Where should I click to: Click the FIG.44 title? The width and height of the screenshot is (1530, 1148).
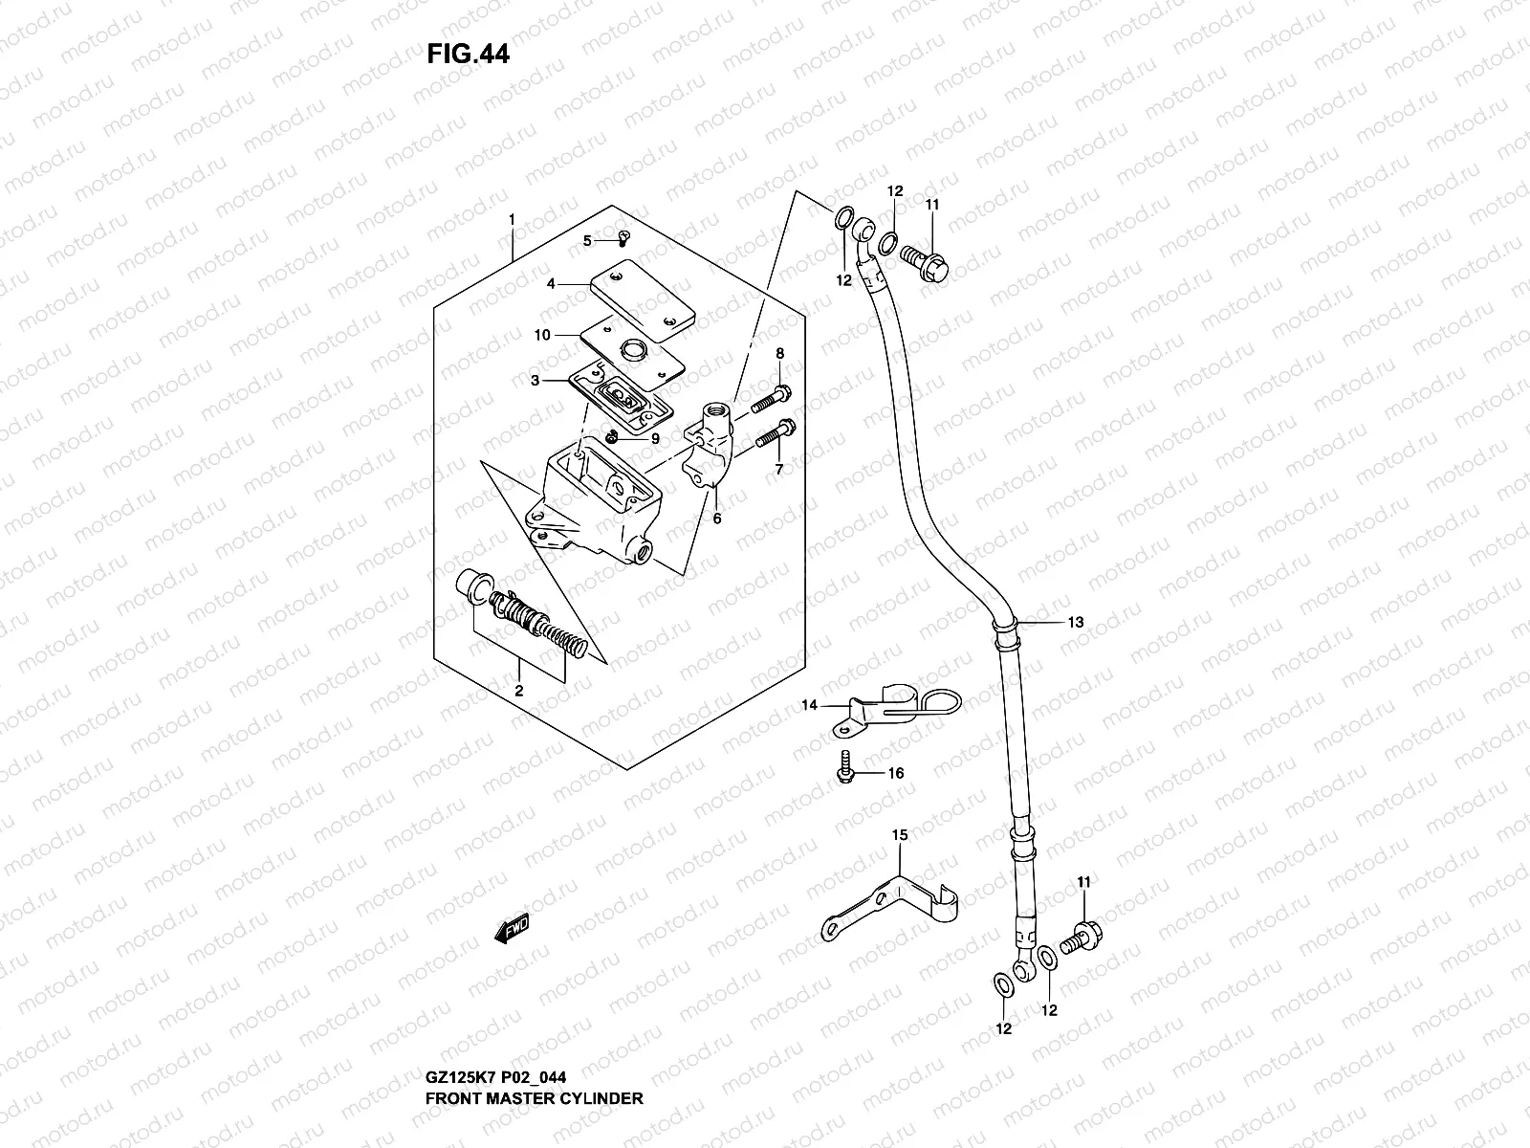pyautogui.click(x=469, y=55)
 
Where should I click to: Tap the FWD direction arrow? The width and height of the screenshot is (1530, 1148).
pyautogui.click(x=512, y=930)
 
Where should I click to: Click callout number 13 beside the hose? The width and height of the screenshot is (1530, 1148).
pyautogui.click(x=1076, y=622)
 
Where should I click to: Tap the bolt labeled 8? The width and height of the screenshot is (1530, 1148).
pyautogui.click(x=770, y=399)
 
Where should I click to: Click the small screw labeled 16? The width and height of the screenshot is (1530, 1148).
pyautogui.click(x=845, y=773)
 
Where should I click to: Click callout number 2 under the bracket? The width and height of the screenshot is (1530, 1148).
pyautogui.click(x=518, y=690)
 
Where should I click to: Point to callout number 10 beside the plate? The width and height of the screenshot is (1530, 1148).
pyautogui.click(x=542, y=335)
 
